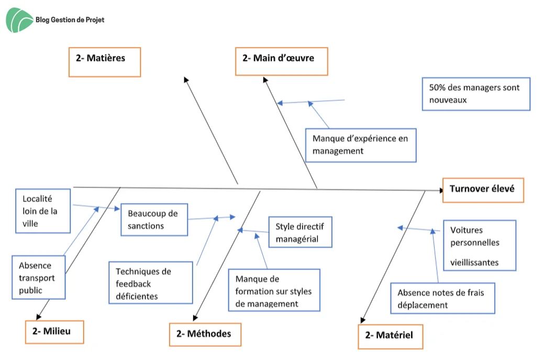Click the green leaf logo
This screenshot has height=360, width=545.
pos(19,20)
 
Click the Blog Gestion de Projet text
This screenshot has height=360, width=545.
pos(70,20)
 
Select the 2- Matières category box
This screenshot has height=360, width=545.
pos(105,62)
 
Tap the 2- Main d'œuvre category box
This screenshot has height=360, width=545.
pos(282,61)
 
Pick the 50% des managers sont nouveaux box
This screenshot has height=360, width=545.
pos(476,94)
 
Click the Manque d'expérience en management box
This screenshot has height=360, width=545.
pos(361,145)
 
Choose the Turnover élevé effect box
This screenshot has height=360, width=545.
pos(483,190)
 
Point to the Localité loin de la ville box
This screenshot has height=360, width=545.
pos(43,211)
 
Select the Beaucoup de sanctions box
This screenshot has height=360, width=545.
pos(154,220)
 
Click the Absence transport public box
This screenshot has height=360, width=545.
pos(39,277)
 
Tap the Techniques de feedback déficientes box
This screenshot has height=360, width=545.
pos(151,283)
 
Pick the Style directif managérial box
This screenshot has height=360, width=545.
pos(301,232)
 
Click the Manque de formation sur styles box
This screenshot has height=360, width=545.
pos(274,290)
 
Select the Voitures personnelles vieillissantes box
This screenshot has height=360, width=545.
pos(480,245)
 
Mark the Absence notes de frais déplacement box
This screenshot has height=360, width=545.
pos(443,298)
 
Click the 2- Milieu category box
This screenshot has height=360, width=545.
pos(54,332)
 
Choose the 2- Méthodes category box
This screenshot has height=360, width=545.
pos(205,334)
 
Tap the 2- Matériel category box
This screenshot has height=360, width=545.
pos(391,336)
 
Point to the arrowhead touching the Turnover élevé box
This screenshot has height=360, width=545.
pos(441,190)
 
